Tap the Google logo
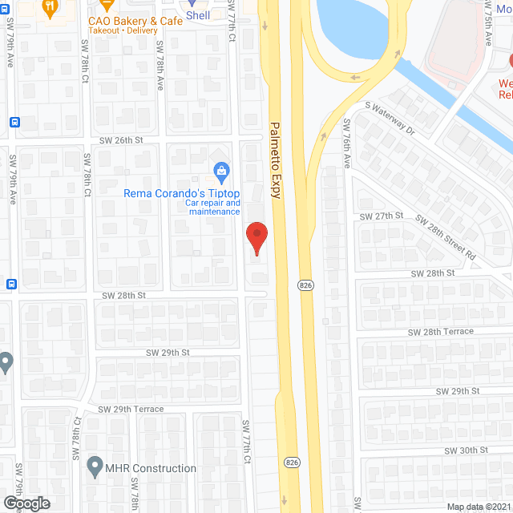tap(26, 503)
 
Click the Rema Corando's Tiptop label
tap(181, 193)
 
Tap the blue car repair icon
tap(220, 170)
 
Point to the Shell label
tap(198, 14)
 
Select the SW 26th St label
tap(120, 139)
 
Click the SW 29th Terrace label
tap(131, 409)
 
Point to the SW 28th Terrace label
tap(440, 331)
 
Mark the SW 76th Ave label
tap(347, 143)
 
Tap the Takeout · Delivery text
tap(123, 30)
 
